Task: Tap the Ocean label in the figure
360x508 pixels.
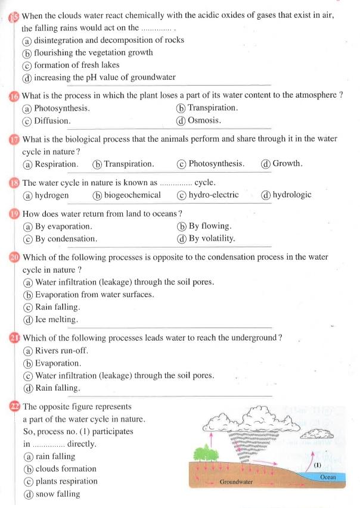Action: (x=328, y=478)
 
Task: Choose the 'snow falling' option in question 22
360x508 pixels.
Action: (x=57, y=494)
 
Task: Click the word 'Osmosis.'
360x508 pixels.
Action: (x=204, y=120)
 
